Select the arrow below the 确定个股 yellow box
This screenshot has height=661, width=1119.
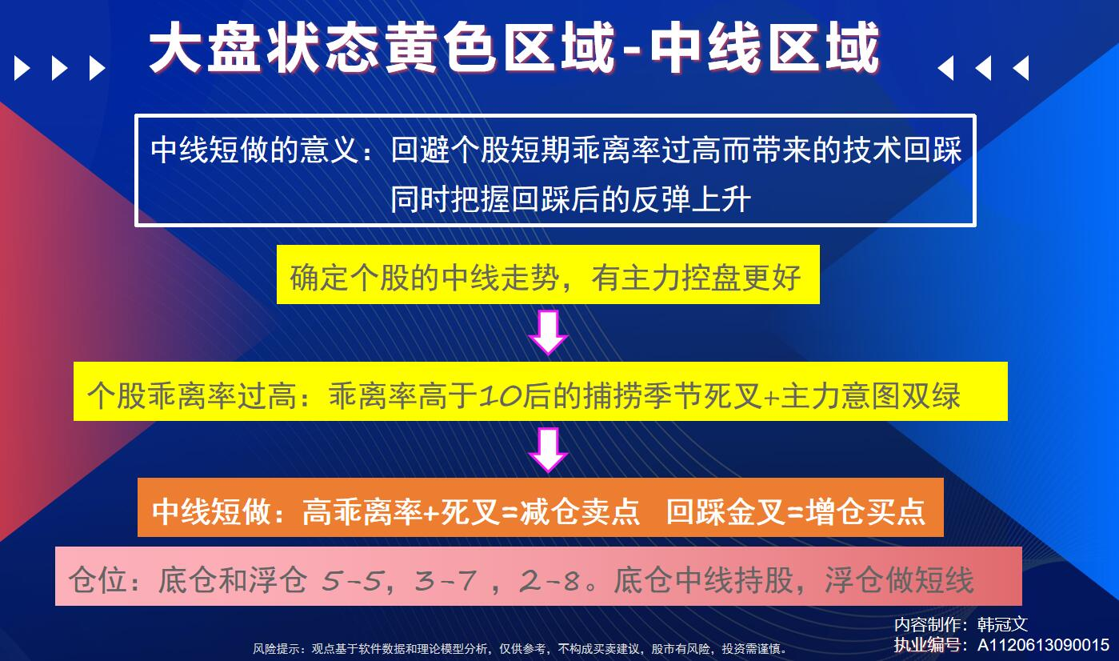click(x=548, y=333)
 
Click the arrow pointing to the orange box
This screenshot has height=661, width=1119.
click(x=548, y=450)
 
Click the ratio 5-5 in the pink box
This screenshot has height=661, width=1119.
click(x=353, y=580)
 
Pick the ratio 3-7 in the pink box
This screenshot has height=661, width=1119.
click(x=445, y=580)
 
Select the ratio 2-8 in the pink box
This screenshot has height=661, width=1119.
click(x=550, y=580)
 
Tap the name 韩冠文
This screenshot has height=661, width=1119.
click(x=1002, y=624)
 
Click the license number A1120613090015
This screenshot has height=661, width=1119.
click(x=1043, y=645)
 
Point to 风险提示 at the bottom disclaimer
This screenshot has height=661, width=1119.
click(x=276, y=649)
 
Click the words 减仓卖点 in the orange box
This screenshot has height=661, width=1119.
click(x=580, y=511)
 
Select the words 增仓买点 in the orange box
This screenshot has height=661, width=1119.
click(x=865, y=511)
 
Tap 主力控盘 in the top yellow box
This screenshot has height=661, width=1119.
click(x=681, y=278)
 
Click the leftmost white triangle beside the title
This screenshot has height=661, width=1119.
click(x=22, y=68)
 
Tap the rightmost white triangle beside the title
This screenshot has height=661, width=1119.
click(x=1021, y=68)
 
